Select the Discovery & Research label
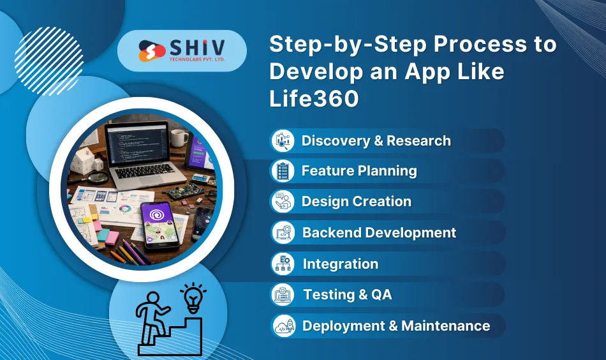pos(376,141)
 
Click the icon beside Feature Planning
pos(282,171)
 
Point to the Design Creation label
pos(356,202)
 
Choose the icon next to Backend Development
pos(282,233)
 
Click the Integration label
pos(340,264)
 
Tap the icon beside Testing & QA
pos(282,295)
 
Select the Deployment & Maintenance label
pos(396,326)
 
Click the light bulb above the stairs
pos(193,297)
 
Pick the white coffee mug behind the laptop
pos(179,137)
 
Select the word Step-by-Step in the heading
pos(326,45)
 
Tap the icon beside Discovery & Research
pos(282,140)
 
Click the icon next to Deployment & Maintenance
pos(282,326)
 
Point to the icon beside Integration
pos(282,264)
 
